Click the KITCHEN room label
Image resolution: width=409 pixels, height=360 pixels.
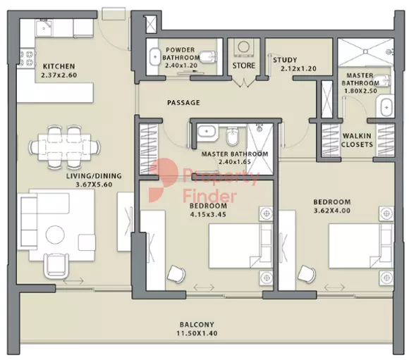(x=59, y=66)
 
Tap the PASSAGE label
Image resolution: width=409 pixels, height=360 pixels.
(x=183, y=102)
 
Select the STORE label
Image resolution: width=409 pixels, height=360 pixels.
(x=244, y=66)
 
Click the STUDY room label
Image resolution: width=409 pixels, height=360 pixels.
(x=285, y=60)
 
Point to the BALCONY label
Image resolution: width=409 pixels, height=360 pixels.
(x=197, y=325)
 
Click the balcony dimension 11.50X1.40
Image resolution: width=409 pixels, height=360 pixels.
(x=197, y=333)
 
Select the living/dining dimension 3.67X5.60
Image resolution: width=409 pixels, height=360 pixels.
(x=94, y=185)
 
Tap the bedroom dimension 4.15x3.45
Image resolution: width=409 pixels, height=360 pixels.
(x=208, y=215)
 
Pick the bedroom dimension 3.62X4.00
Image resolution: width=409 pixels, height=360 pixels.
(x=332, y=211)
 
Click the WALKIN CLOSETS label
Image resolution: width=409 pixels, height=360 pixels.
(x=357, y=140)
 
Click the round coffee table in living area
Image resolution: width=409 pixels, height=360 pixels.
(x=55, y=235)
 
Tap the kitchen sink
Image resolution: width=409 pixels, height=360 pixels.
(x=44, y=28)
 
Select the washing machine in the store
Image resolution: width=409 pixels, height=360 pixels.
(x=243, y=47)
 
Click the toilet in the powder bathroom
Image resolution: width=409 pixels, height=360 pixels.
(x=208, y=56)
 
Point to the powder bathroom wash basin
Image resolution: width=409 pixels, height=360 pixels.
(x=154, y=56)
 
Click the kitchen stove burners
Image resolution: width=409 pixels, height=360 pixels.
(x=28, y=58)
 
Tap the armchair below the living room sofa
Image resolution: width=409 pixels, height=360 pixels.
(x=56, y=266)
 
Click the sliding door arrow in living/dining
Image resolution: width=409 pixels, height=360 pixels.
(x=73, y=281)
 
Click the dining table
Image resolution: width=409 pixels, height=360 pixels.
(x=65, y=147)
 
